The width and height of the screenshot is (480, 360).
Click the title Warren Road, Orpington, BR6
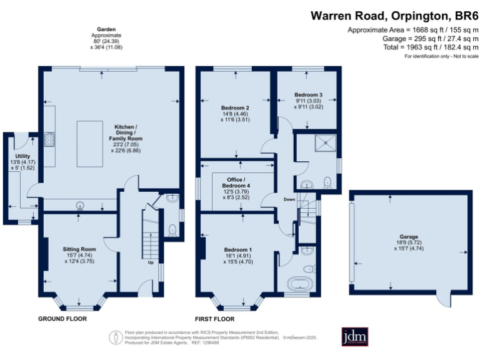(394, 16)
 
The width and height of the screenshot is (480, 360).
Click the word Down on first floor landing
(289, 199)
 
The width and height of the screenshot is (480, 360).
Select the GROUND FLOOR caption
(62, 319)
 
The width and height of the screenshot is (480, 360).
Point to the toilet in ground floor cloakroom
(172, 229)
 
